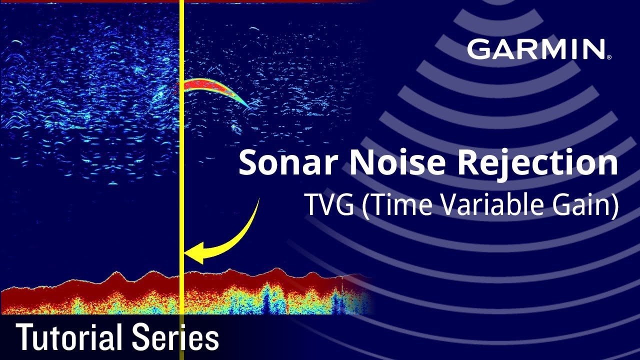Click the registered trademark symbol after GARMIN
[608, 57]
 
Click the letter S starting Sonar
[248, 162]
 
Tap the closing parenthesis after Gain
[613, 206]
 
